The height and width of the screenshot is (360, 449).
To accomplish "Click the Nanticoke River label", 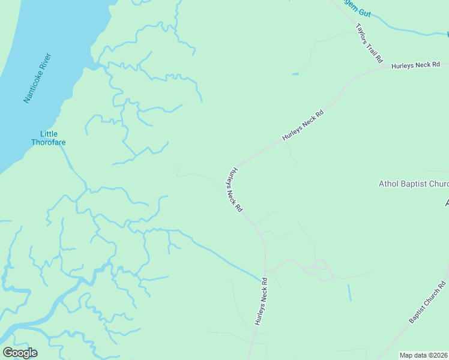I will pyautogui.click(x=37, y=79).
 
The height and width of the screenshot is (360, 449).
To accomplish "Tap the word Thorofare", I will pyautogui.click(x=49, y=142).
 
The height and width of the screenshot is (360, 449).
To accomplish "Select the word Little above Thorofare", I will pyautogui.click(x=49, y=134).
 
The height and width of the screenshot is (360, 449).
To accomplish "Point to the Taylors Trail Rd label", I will pyautogui.click(x=369, y=43).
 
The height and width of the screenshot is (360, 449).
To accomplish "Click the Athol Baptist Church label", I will pyautogui.click(x=414, y=184).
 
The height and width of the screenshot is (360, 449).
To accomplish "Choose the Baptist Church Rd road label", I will pyautogui.click(x=429, y=302).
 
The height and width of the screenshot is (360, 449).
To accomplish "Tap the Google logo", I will pyautogui.click(x=20, y=353).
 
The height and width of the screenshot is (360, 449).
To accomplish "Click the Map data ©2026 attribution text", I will pyautogui.click(x=423, y=355).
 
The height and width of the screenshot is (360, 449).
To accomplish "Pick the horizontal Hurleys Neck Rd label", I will pyautogui.click(x=416, y=64).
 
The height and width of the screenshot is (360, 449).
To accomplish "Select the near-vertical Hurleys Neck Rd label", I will pyautogui.click(x=260, y=302).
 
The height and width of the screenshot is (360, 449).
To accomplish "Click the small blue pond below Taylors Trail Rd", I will pyautogui.click(x=295, y=74).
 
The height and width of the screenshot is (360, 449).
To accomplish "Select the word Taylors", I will pyautogui.click(x=361, y=31).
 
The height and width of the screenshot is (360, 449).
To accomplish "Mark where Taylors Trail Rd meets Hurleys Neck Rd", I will pyautogui.click(x=385, y=67).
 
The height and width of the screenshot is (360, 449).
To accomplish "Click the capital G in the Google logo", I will pyautogui.click(x=7, y=353).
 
